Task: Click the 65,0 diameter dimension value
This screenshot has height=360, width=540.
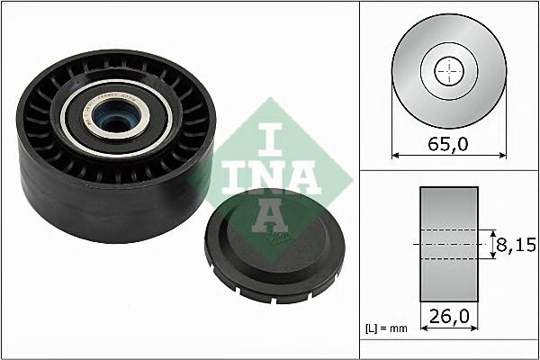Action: [x=449, y=142]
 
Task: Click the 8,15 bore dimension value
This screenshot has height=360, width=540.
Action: [x=517, y=243]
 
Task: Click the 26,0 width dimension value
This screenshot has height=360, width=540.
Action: [x=449, y=318]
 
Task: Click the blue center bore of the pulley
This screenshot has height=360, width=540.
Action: [x=112, y=117]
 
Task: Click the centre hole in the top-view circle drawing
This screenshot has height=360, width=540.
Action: [x=448, y=72]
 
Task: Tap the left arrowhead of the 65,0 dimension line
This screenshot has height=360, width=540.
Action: [x=396, y=155]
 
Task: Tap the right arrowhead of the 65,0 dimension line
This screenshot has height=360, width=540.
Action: [x=502, y=155]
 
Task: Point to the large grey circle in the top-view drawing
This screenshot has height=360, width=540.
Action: [x=414, y=90]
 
